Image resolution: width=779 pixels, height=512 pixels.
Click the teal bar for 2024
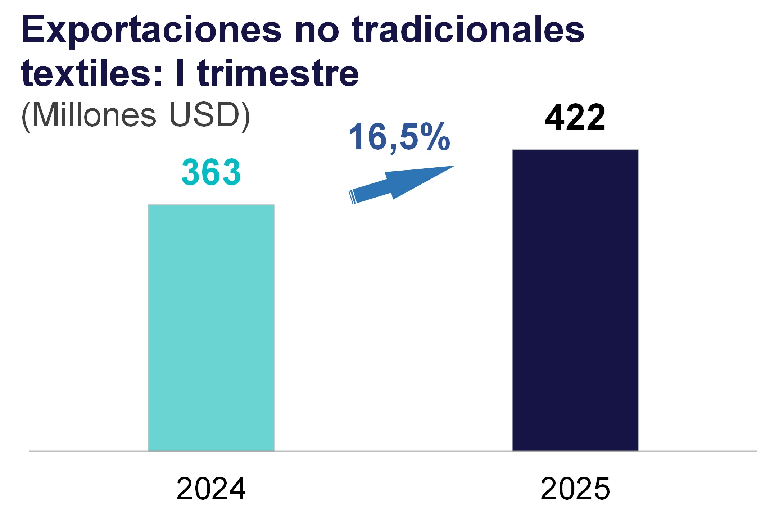[x=211, y=327]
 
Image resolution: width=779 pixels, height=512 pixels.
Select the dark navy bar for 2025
[x=575, y=300]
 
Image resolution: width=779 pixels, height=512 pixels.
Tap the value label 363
[x=211, y=172]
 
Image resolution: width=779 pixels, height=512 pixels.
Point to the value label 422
[x=575, y=118]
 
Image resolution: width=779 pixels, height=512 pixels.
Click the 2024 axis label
[x=211, y=489]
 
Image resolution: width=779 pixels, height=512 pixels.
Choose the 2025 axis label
[x=575, y=489]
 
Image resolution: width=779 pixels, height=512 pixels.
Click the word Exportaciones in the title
[x=151, y=31]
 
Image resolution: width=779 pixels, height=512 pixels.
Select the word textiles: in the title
[x=92, y=74]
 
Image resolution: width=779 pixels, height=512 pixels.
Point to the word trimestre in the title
[x=278, y=74]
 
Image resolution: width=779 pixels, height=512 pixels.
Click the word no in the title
[x=317, y=31]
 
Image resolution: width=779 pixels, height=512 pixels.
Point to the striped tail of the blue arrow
[x=352, y=197]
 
